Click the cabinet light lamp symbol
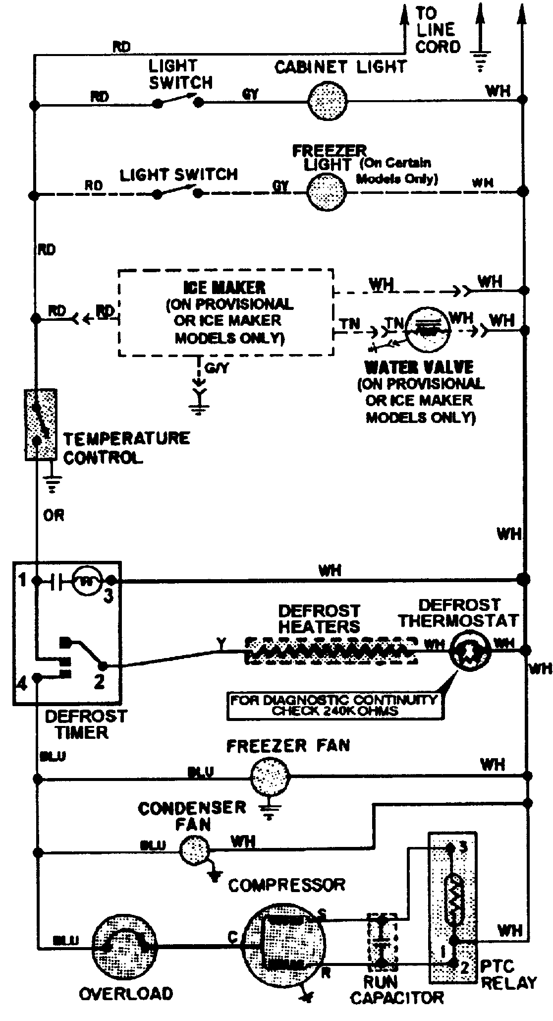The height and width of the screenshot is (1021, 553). (327, 102)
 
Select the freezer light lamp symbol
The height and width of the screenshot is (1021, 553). (326, 192)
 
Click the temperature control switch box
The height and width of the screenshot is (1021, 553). (40, 424)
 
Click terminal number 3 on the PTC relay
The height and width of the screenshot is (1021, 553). (462, 847)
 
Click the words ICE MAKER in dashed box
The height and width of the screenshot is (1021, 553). (224, 288)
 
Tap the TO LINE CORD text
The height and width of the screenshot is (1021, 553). (437, 30)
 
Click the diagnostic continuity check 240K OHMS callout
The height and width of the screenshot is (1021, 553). (334, 705)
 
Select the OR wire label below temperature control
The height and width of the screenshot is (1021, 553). (54, 516)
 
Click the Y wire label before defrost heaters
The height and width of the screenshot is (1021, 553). (221, 644)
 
